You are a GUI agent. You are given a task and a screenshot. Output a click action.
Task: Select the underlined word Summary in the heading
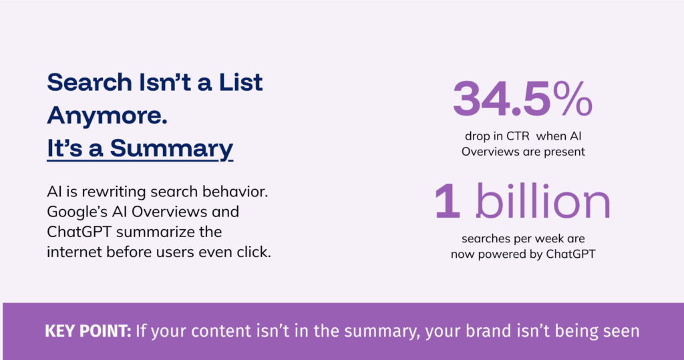click(x=172, y=149)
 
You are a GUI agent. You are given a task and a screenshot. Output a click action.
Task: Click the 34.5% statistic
click(x=522, y=100)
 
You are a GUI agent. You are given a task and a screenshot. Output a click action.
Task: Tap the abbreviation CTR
click(x=518, y=136)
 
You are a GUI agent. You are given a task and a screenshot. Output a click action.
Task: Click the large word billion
click(x=543, y=200)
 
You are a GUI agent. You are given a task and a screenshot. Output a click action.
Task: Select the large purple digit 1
click(x=448, y=201)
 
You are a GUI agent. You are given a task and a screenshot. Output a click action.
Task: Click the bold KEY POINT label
click(x=88, y=331)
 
